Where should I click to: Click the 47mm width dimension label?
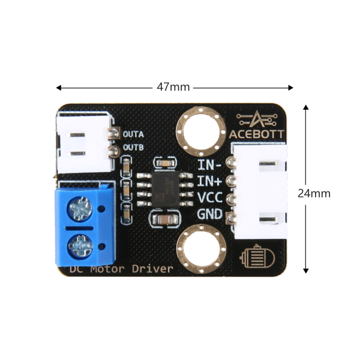tap(173, 87)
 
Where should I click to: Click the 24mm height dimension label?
tap(314, 194)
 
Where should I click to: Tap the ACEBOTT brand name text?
tap(256, 134)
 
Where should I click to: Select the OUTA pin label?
tap(133, 134)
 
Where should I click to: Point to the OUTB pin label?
tap(133, 148)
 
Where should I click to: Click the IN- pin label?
tap(209, 164)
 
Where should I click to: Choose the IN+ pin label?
tap(209, 181)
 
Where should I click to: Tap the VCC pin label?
tap(210, 197)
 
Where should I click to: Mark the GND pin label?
tap(210, 214)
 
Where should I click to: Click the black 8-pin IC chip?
tap(166, 190)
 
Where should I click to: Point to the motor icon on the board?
tap(257, 256)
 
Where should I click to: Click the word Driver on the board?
tap(152, 269)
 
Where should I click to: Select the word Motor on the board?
tap(107, 269)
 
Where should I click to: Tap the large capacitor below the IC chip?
tap(164, 220)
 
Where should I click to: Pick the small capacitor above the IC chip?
tap(165, 163)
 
